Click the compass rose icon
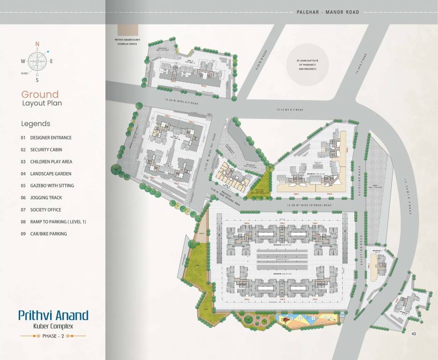pyautogui.click(x=37, y=61)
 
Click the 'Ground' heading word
pyautogui.click(x=40, y=94)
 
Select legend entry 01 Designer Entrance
pyautogui.click(x=46, y=138)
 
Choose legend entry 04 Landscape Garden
pyautogui.click(x=46, y=174)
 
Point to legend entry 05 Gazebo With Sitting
pyautogui.click(x=47, y=186)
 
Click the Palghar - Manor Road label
pyautogui.click(x=328, y=12)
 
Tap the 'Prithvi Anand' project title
pyautogui.click(x=53, y=315)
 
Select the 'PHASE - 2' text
pyautogui.click(x=53, y=336)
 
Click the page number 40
pyautogui.click(x=413, y=334)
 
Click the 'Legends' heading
pyautogui.click(x=36, y=124)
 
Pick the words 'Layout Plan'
pyautogui.click(x=42, y=103)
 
